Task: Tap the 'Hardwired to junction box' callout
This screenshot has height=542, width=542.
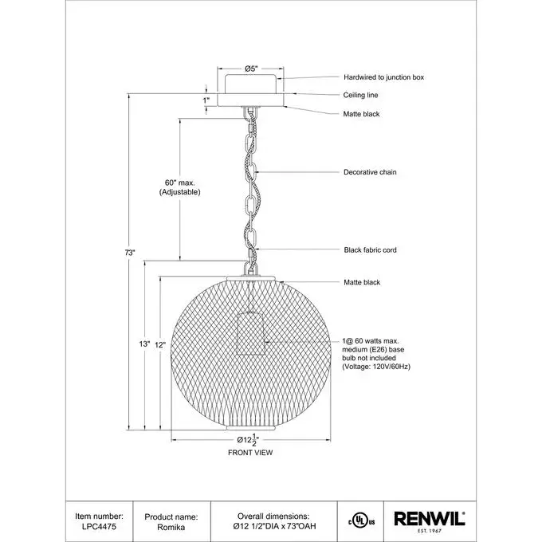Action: (383, 77)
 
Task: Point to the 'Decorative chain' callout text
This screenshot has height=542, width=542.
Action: (370, 172)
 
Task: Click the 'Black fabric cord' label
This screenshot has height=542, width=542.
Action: (370, 250)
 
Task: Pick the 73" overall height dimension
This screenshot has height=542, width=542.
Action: (131, 253)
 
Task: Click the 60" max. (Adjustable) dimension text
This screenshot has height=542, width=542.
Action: (177, 188)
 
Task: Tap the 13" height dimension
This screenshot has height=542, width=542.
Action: (143, 344)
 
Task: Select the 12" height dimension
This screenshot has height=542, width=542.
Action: (159, 345)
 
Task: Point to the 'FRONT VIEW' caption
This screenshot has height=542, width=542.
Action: (250, 453)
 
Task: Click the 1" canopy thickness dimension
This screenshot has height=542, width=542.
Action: (206, 100)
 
